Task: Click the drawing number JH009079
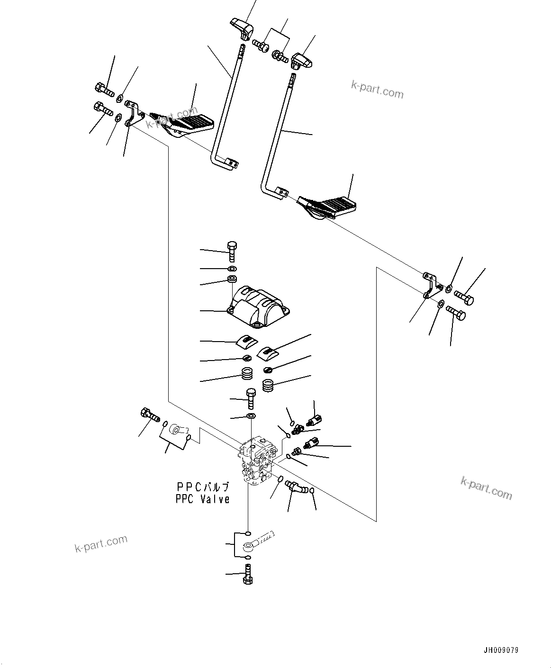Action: [501, 650]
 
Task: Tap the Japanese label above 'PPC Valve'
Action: [202, 487]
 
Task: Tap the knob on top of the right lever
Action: [301, 61]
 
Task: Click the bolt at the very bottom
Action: [247, 575]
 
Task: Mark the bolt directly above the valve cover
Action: [232, 251]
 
